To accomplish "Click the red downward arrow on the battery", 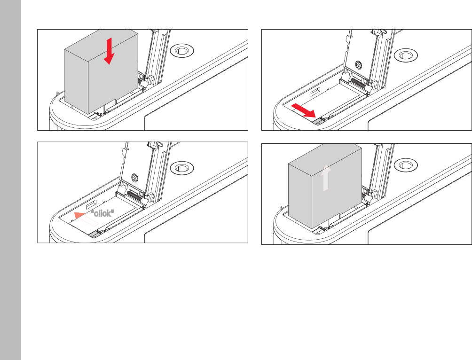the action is [109, 51].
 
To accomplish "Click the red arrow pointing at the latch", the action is [303, 110].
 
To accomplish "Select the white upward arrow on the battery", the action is [326, 178].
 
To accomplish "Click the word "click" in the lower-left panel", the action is [102, 213].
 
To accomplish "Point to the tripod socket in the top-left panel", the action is [182, 51].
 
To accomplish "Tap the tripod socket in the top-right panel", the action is [406, 55].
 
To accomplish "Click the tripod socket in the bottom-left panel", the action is [182, 168].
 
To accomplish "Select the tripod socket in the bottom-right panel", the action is [406, 165].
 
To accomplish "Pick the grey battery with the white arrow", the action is [325, 186].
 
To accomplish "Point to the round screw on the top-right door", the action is [358, 64].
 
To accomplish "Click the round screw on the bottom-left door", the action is [134, 177].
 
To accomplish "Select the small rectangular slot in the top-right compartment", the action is [315, 92].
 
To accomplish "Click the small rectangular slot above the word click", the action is [92, 204].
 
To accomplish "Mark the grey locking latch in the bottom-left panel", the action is [94, 234].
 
